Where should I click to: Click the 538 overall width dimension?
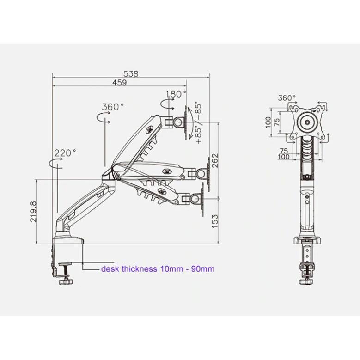coord(131,73)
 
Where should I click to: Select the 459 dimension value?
coord(119,82)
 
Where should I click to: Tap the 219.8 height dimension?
coord(33,212)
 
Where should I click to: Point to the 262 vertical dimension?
coord(215,160)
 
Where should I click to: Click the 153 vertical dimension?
coord(215,221)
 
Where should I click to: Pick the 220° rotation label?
coord(65,153)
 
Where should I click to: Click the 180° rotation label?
coord(176,94)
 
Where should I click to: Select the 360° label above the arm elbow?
coord(113,107)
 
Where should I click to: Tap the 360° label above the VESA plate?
coord(287,98)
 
